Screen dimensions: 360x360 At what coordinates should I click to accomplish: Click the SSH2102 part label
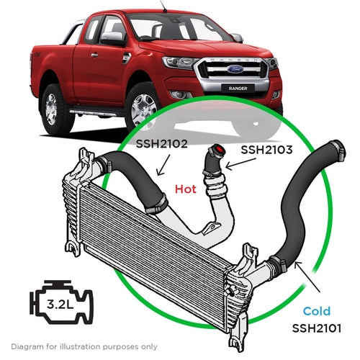coord(163,143)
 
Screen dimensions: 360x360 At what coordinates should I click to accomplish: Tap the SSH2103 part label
coord(267,150)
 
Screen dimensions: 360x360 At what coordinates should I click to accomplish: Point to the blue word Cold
coord(316,311)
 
